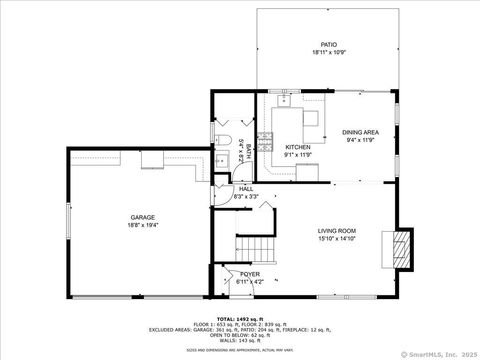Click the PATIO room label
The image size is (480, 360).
point(328,45)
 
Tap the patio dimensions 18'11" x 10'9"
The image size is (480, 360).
point(328,53)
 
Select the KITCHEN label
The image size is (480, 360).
point(284,147)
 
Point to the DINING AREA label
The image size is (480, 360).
point(360,132)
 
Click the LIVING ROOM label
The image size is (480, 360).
point(337,231)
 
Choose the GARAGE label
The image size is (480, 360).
point(141,217)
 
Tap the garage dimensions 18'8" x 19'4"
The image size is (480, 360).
point(141,225)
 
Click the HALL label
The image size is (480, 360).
point(245,188)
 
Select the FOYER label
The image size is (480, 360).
point(250,273)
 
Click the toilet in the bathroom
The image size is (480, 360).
point(224,136)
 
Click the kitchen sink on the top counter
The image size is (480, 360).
point(285,100)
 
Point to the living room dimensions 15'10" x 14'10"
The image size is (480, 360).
point(337,239)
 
